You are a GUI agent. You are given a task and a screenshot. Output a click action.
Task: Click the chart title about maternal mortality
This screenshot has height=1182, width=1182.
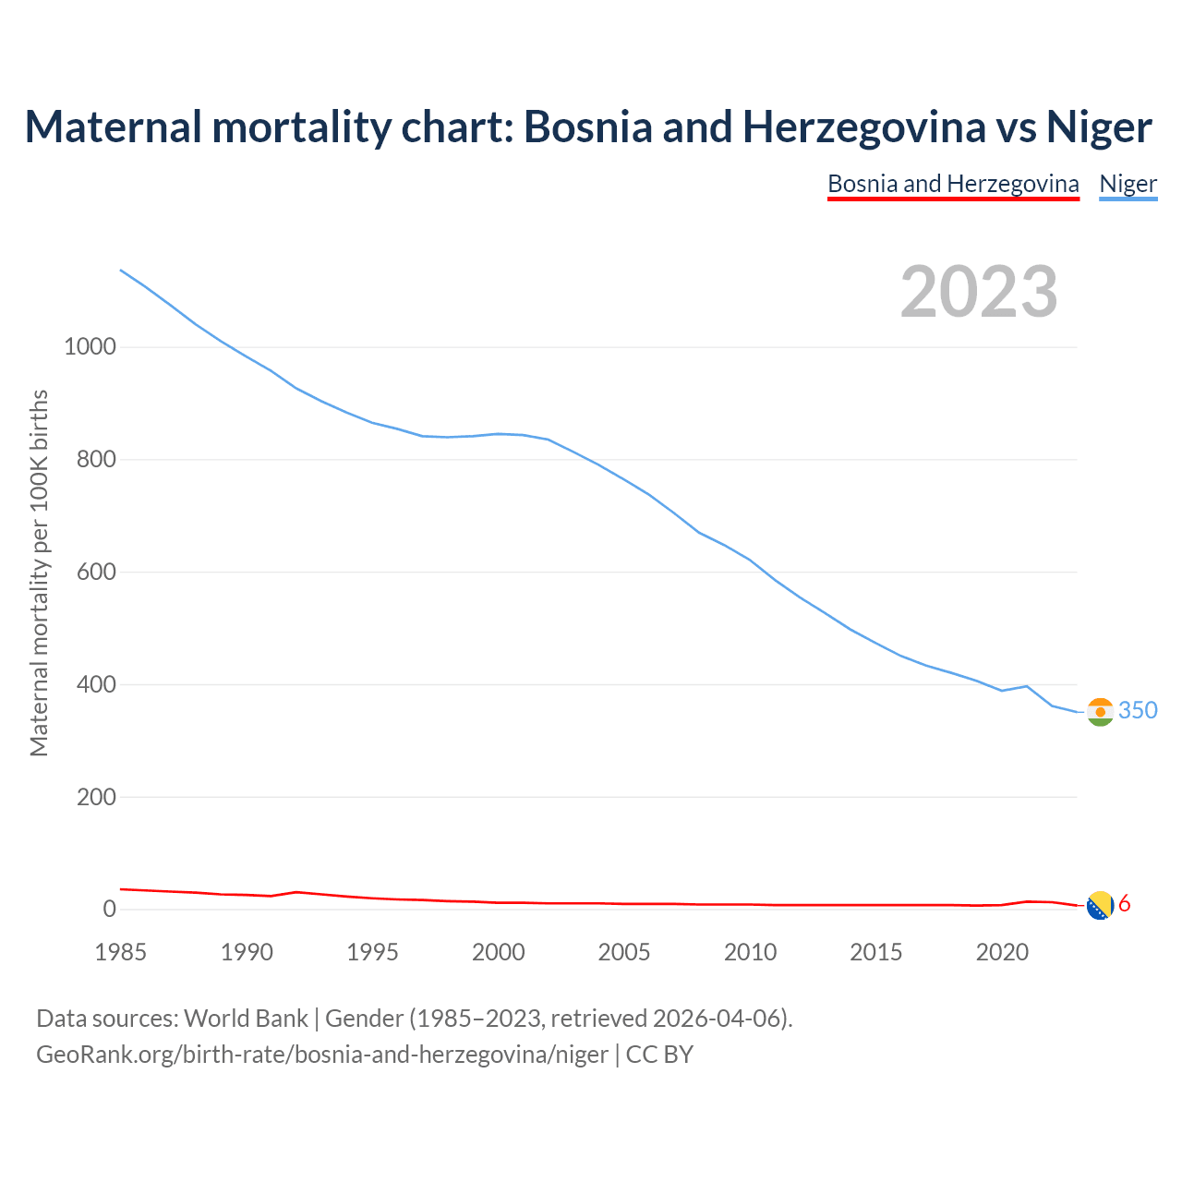[x=588, y=127]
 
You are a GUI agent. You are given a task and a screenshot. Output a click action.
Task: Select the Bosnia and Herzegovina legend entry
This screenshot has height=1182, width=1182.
[x=953, y=184]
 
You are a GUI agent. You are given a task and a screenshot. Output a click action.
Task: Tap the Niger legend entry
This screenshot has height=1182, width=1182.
[x=1128, y=184]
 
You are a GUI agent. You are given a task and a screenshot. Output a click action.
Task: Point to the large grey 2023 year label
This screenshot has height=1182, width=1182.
[x=979, y=292]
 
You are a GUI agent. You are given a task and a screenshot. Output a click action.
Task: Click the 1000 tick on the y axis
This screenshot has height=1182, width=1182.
[x=90, y=347]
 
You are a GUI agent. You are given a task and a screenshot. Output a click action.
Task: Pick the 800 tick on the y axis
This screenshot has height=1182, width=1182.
[x=95, y=460]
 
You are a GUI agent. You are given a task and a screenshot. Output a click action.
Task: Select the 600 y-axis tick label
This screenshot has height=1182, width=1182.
[x=95, y=573]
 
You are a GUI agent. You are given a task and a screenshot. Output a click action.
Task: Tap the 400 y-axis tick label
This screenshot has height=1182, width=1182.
[x=95, y=685]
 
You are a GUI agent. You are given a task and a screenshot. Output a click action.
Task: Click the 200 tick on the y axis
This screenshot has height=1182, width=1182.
[x=95, y=797]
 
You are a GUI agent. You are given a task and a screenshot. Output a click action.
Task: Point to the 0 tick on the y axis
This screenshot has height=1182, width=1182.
[x=110, y=910]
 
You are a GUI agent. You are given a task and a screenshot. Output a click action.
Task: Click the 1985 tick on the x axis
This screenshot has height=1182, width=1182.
[x=121, y=952]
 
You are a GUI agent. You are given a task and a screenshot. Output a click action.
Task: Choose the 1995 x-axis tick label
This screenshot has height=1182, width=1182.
[x=372, y=952]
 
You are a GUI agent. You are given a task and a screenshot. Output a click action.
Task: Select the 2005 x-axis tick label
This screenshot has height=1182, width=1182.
[x=624, y=952]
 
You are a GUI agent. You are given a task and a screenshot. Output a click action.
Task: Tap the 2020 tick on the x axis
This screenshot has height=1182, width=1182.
[x=1002, y=952]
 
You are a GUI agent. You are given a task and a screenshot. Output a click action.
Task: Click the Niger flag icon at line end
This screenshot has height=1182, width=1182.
[x=1100, y=712]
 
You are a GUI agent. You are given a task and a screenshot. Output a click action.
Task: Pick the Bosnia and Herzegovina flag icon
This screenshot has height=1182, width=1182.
[x=1100, y=907]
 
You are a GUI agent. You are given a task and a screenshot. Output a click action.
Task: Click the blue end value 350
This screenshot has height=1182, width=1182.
[x=1138, y=710]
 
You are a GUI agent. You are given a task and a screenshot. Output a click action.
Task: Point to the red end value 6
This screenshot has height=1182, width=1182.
[x=1125, y=904]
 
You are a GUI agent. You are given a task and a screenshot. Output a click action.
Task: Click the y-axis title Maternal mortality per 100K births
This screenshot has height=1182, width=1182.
[x=39, y=573]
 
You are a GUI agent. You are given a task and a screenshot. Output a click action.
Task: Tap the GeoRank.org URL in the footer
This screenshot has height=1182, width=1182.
[x=322, y=1055]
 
